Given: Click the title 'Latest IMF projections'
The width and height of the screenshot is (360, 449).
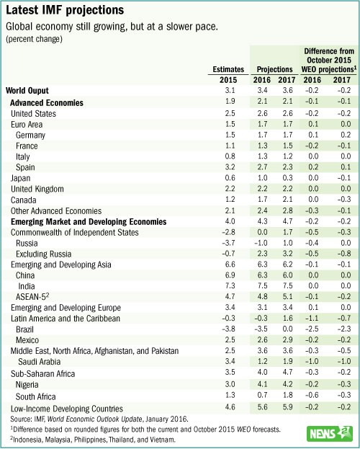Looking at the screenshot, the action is click(x=65, y=10).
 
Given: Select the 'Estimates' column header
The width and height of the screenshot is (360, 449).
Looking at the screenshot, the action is click(x=228, y=69).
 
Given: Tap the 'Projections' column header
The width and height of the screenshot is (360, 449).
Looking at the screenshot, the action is click(x=275, y=70).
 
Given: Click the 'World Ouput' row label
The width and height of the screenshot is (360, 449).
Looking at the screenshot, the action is click(x=27, y=91).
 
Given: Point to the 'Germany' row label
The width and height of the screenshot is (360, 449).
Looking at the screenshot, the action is click(x=31, y=135).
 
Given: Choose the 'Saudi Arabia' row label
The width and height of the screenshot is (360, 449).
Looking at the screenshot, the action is click(x=39, y=362).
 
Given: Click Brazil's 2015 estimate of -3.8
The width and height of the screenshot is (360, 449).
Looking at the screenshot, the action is click(x=228, y=329).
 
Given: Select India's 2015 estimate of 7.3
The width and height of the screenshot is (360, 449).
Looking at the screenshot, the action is click(x=230, y=286).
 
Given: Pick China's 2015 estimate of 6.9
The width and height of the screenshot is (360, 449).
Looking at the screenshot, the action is click(x=230, y=275).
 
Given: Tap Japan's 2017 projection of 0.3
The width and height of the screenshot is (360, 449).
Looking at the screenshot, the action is click(x=287, y=178).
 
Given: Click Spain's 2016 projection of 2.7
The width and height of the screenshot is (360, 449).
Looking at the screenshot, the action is click(x=262, y=167).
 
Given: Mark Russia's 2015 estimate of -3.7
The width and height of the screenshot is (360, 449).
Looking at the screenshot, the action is click(x=228, y=243).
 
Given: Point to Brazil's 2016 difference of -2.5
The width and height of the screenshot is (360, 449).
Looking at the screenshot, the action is click(x=311, y=329).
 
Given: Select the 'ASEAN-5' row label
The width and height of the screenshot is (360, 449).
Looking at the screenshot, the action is click(x=32, y=297).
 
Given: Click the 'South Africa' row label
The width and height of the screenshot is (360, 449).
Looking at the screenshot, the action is click(x=35, y=396).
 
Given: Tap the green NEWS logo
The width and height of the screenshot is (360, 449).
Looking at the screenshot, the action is click(x=329, y=434).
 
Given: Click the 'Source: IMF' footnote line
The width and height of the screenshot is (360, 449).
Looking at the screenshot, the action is click(x=99, y=419).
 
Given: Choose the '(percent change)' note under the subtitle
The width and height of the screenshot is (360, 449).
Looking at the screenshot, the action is click(x=34, y=39).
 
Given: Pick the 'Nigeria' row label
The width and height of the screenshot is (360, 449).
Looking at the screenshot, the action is click(x=27, y=385).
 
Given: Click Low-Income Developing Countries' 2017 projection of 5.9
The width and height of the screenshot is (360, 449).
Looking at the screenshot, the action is click(x=287, y=407).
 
